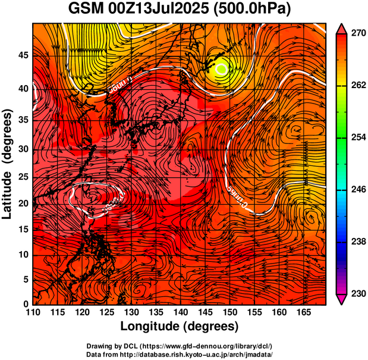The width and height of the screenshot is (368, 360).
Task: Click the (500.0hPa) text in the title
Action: tap(256, 10)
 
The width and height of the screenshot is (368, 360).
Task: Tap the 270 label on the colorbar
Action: tap(358, 34)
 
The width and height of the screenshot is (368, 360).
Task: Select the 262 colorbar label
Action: tap(358, 86)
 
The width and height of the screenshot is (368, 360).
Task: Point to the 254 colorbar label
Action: tap(358, 137)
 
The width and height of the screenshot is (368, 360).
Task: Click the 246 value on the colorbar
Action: tap(358, 189)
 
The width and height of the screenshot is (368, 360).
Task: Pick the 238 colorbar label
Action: tap(358, 242)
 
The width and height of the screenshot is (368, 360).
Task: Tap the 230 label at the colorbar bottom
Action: tap(358, 293)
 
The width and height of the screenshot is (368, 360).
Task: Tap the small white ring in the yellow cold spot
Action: tap(222, 68)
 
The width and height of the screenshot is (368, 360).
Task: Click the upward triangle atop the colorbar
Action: tap(342, 28)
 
